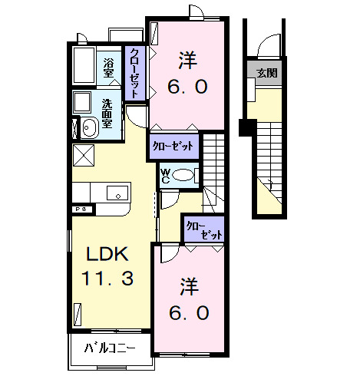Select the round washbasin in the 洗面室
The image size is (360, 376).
(x=88, y=128)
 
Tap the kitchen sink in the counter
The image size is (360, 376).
(x=119, y=192)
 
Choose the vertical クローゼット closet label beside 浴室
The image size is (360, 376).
(x=135, y=72)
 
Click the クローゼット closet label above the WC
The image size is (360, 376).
(x=173, y=145)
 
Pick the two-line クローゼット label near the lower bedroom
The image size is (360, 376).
(x=203, y=230)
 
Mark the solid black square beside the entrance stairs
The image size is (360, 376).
(x=246, y=127)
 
